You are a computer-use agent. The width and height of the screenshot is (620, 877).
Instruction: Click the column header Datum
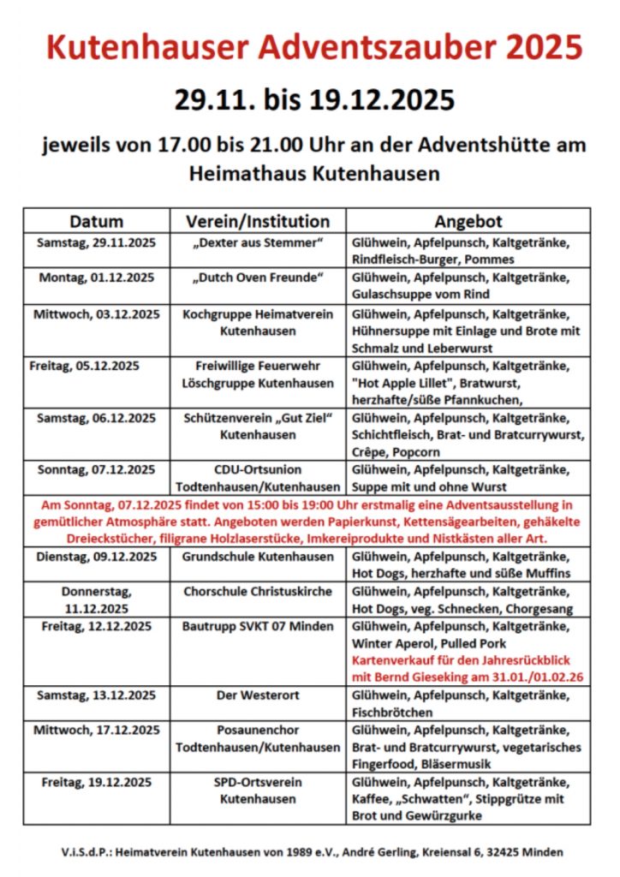[96, 221]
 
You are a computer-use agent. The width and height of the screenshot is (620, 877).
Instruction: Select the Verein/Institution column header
[258, 221]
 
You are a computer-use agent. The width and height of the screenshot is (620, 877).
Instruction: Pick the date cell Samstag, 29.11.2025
[96, 242]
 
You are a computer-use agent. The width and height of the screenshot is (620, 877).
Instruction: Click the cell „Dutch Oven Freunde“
[258, 277]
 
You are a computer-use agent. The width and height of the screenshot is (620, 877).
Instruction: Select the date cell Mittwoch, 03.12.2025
[96, 313]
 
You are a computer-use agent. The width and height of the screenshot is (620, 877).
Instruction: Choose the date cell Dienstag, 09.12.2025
[96, 557]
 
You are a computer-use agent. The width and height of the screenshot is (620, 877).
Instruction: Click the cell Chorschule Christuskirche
[258, 592]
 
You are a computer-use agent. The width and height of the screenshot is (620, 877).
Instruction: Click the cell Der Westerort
[258, 695]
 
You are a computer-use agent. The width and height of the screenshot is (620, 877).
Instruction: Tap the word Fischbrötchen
[394, 713]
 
